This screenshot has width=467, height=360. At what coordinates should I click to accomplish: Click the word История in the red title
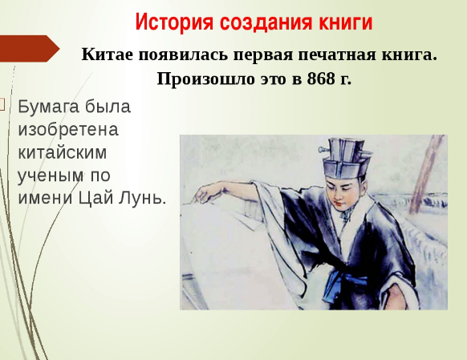pos(174,22)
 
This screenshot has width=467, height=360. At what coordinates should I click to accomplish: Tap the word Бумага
pos(49,107)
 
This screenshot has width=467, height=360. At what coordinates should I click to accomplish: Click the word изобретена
pos(68,130)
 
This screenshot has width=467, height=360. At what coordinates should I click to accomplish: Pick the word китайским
pos(63,152)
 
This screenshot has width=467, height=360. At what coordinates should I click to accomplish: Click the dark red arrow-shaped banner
pos(28,48)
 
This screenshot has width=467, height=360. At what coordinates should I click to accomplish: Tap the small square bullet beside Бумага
pos(2,105)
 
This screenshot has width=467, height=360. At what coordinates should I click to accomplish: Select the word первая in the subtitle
pos(263,55)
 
